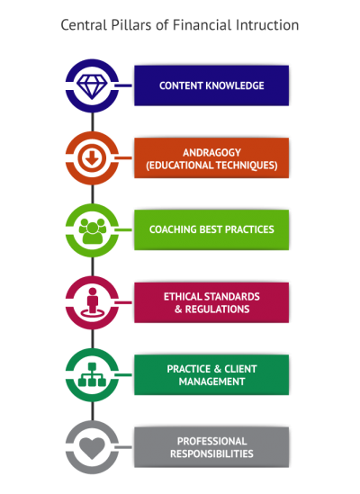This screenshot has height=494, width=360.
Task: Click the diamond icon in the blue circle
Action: [92, 86]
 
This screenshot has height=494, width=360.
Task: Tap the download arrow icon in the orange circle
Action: [92, 157]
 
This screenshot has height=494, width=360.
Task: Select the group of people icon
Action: [92, 230]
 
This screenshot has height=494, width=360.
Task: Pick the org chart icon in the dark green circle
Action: [92, 374]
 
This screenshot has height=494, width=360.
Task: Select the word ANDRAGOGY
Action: [211, 153]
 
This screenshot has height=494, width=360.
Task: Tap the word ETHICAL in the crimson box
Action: [183, 296]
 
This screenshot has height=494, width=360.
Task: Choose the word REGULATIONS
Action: [217, 309]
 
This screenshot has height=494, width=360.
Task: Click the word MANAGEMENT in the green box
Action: [211, 382]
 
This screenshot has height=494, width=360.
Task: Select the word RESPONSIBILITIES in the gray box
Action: [211, 454]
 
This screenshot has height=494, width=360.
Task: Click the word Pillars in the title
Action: [131, 25]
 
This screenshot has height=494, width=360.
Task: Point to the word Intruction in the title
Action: [267, 25]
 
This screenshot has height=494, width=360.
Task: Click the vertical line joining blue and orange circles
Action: [93, 121]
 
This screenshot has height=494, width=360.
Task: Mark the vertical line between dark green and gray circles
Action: [93, 411]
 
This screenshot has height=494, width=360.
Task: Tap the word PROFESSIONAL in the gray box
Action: [211, 441]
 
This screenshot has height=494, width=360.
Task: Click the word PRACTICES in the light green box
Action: [249, 229]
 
